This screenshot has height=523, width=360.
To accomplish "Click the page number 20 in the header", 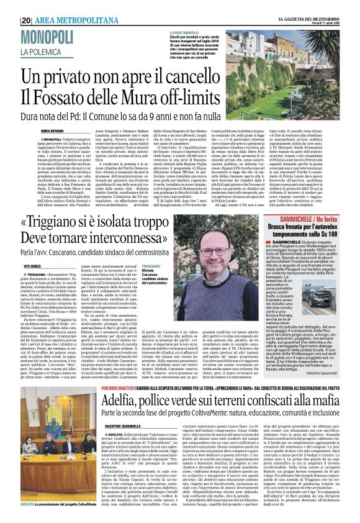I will tap(27, 20).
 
